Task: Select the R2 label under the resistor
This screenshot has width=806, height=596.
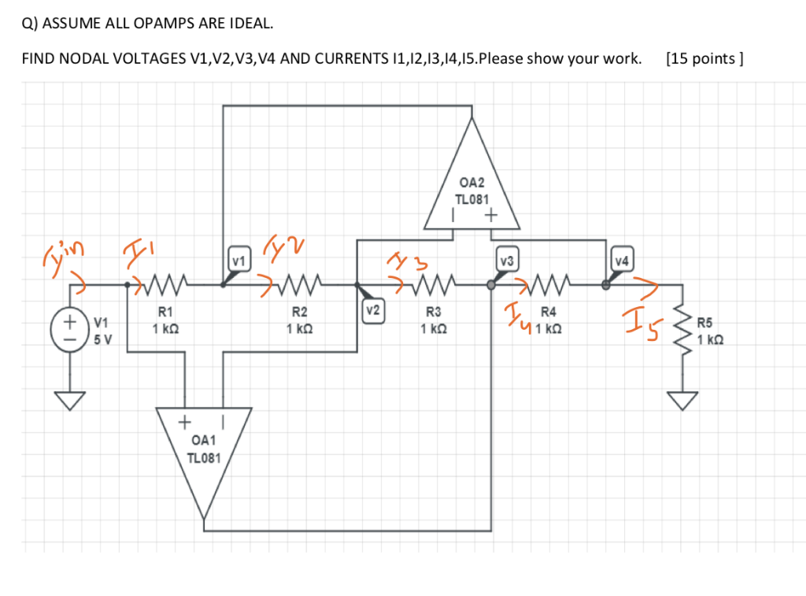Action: pos(299,313)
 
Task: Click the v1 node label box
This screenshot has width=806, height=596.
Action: pos(238,260)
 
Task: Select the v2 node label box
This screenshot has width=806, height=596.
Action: pos(372,310)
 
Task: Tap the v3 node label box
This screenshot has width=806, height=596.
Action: pos(508,260)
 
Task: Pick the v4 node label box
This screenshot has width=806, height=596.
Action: pos(623,260)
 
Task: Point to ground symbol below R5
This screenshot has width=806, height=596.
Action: pos(683,401)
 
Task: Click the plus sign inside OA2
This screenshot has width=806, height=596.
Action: pos(491,214)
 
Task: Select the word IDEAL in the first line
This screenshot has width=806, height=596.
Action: pos(250,24)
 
